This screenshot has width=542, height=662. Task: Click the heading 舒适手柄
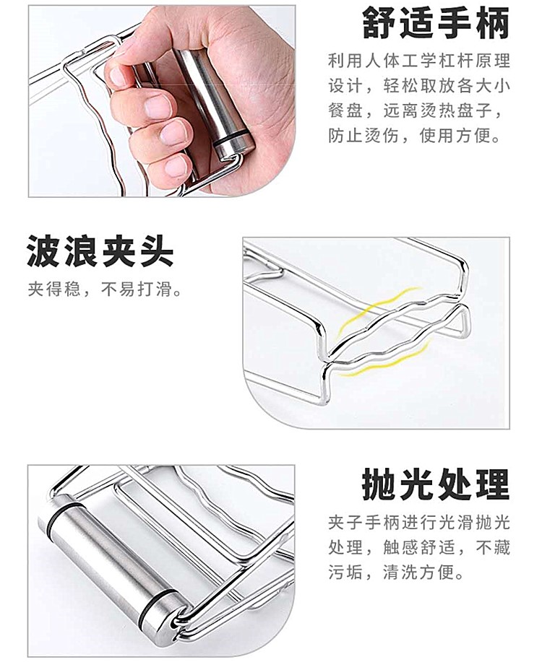(x=436, y=23)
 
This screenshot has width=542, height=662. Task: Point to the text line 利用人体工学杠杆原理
(x=419, y=61)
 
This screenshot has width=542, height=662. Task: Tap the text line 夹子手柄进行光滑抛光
(x=419, y=523)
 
